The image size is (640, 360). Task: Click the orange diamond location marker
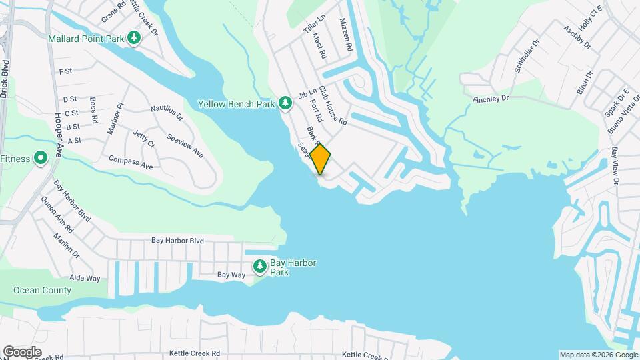[x=320, y=159]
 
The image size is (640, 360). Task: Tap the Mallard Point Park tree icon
[x=135, y=38]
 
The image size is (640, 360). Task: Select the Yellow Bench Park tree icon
[x=285, y=103]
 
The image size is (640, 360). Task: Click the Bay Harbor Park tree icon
[x=259, y=268]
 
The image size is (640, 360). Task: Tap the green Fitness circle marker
[x=40, y=159]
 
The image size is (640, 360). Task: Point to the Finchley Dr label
[x=491, y=98]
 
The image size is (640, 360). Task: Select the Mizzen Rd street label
[x=345, y=37]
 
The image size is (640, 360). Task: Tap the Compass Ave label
[x=131, y=161]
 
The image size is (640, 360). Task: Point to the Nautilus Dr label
[x=167, y=112]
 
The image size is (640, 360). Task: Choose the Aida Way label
[x=85, y=278]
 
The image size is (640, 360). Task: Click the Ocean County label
[x=42, y=291]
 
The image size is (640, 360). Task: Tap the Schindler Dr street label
[x=527, y=60]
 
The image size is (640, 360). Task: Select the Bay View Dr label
[x=615, y=166]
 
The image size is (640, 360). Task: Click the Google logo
[x=22, y=351]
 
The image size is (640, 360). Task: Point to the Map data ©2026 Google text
[x=598, y=355]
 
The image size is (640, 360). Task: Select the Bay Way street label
[x=232, y=275]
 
